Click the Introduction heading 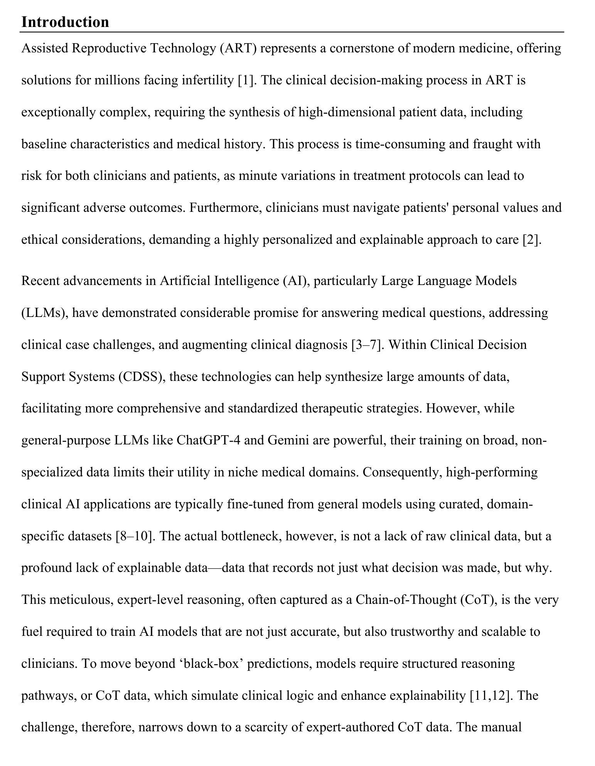tap(65, 22)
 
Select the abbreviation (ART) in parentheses tap(238, 49)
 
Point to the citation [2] tap(532, 240)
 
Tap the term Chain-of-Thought tap(406, 600)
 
